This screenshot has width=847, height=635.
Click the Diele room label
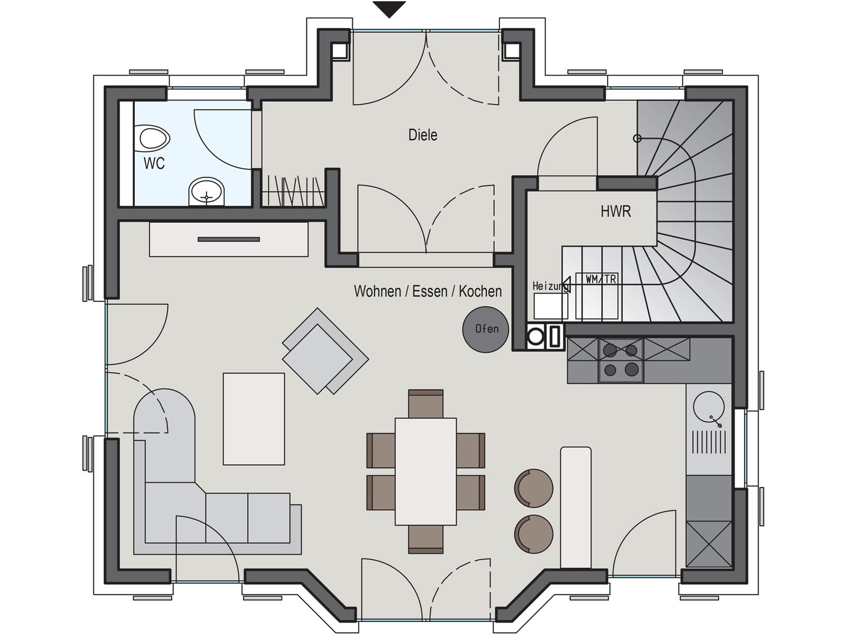(x=423, y=135)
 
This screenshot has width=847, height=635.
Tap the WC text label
(x=154, y=163)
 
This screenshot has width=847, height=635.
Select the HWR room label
(x=616, y=212)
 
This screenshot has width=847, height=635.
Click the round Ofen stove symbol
(x=486, y=329)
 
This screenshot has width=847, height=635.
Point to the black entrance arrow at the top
(x=389, y=9)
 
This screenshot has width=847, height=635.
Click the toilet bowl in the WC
(x=154, y=139)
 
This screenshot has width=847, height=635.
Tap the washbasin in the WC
(x=206, y=191)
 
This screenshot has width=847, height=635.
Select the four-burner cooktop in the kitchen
(x=621, y=360)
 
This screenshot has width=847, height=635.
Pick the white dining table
(x=426, y=471)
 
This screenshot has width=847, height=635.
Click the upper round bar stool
(x=533, y=487)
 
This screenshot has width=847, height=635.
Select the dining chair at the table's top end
(x=426, y=403)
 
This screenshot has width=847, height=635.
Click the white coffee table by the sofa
(x=254, y=419)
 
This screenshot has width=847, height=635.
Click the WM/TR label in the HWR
(x=601, y=279)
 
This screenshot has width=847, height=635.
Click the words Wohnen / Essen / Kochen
(x=428, y=292)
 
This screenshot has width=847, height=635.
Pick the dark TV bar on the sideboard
(x=229, y=239)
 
